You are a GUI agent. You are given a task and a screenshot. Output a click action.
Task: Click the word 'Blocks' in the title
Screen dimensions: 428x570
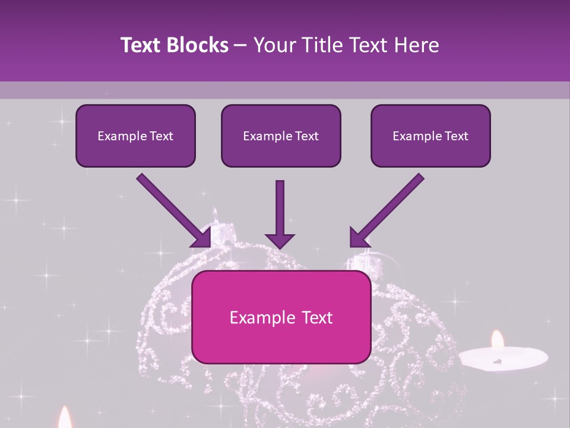pos(198,45)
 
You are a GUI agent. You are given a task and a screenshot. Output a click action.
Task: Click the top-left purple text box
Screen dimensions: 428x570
pos(135,136)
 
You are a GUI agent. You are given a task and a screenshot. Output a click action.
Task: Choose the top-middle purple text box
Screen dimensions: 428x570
pos(281,136)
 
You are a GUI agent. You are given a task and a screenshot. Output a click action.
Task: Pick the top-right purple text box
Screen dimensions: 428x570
pos(430,136)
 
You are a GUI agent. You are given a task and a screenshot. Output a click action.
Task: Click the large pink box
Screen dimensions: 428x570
pos(281,317)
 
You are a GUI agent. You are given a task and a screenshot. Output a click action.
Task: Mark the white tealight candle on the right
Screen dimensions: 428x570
pos(503,358)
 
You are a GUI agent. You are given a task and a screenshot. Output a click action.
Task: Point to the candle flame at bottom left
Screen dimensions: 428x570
pos(65,417)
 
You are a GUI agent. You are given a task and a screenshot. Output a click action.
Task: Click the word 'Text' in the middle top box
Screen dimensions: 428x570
pos(306,136)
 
